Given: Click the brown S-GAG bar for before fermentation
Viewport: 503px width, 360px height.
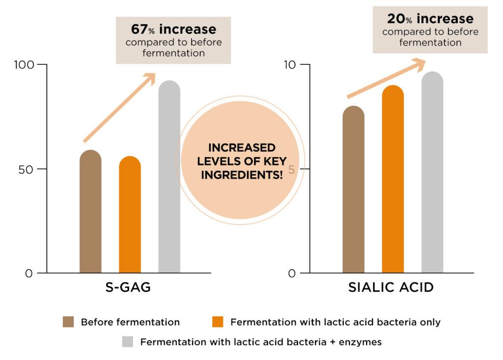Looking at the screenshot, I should tap(90, 212).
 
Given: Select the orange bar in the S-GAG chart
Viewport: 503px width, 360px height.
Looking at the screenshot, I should tap(130, 215).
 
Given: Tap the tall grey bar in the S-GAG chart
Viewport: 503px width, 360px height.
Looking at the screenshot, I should tap(169, 177).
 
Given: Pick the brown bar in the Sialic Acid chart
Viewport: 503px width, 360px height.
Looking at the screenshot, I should tap(353, 190).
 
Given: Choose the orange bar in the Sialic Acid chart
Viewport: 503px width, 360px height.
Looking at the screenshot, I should tap(392, 179).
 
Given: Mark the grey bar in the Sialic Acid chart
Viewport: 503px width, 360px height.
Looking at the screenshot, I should tap(432, 172).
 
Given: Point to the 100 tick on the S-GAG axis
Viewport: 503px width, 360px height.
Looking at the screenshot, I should tap(24, 65).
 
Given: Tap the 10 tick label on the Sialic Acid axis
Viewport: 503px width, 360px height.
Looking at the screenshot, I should tap(290, 65).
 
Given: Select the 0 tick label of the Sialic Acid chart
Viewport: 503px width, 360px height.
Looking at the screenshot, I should tap(292, 274).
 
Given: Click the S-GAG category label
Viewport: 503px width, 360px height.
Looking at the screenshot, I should tap(128, 287).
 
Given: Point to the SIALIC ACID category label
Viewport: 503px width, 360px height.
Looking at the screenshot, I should tap(391, 287).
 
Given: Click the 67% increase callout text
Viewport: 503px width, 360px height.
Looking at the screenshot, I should tap(173, 30).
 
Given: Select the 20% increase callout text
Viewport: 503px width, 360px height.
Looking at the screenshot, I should tap(430, 19).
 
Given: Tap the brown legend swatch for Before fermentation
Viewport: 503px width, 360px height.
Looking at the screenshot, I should tap(68, 322).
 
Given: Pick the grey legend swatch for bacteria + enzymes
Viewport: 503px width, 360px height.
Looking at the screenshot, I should tap(127, 342).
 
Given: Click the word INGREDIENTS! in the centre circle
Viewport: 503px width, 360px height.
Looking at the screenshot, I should tap(242, 175).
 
